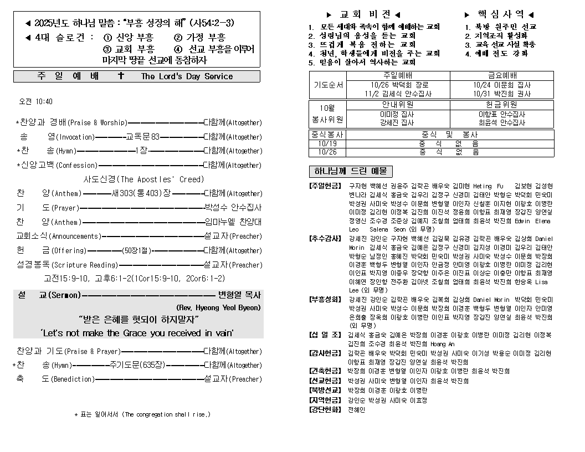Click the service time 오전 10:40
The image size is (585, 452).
[x=36, y=102]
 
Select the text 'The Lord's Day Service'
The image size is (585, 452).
[x=187, y=76]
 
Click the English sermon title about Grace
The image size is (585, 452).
[x=137, y=333]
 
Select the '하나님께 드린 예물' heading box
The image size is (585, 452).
[x=350, y=171]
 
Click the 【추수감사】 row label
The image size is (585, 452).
[x=325, y=239]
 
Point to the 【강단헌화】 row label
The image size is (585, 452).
[x=325, y=409]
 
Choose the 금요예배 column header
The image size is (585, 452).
[x=502, y=76]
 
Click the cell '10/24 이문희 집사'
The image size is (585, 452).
[x=502, y=85]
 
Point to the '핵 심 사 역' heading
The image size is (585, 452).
[x=499, y=14]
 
